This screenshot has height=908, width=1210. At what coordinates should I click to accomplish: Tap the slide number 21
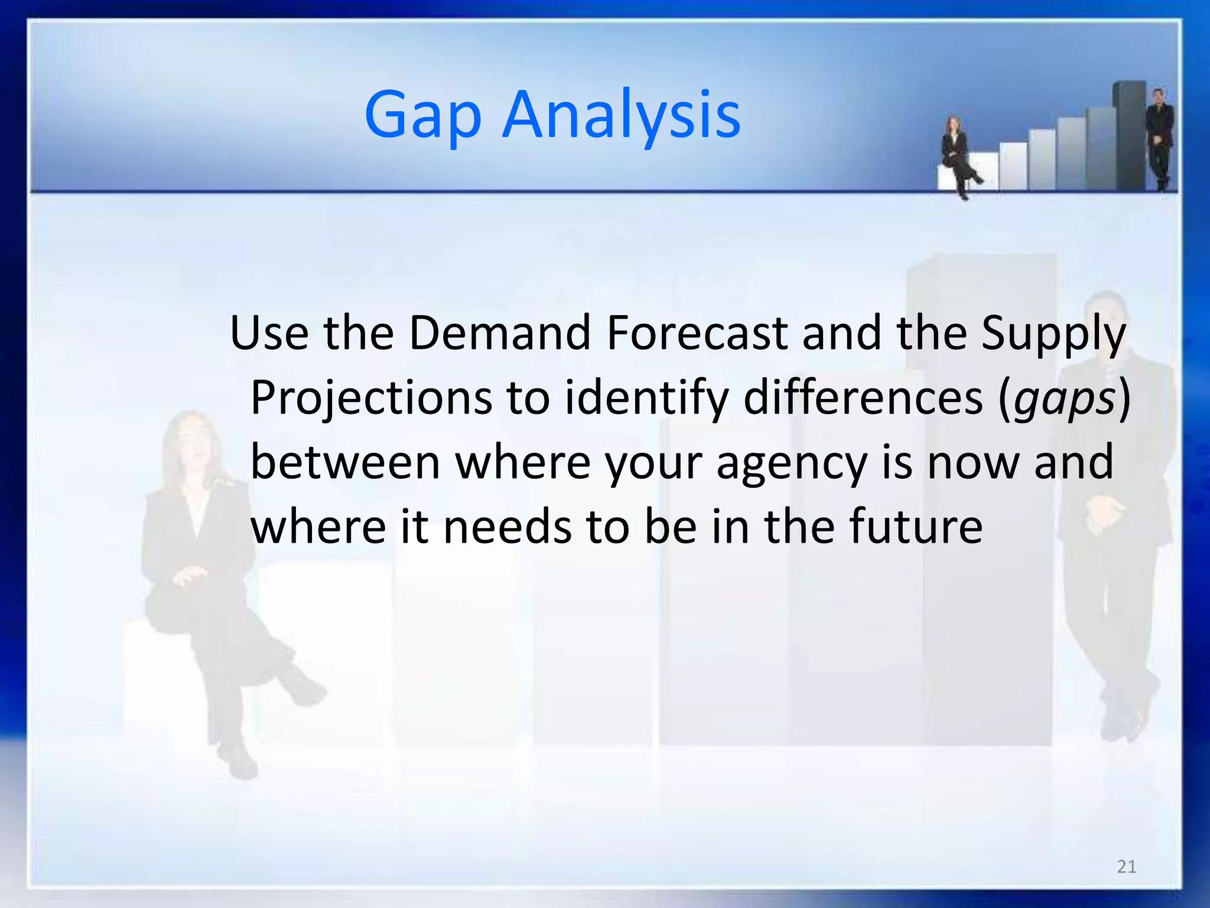click(1127, 867)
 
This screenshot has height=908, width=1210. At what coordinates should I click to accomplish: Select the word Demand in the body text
click(499, 333)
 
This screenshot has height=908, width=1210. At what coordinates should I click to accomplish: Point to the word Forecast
click(697, 333)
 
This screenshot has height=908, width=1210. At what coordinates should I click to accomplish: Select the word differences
click(863, 398)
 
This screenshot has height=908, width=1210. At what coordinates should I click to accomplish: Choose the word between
click(346, 462)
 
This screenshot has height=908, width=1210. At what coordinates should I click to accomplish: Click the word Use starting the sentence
click(269, 333)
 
